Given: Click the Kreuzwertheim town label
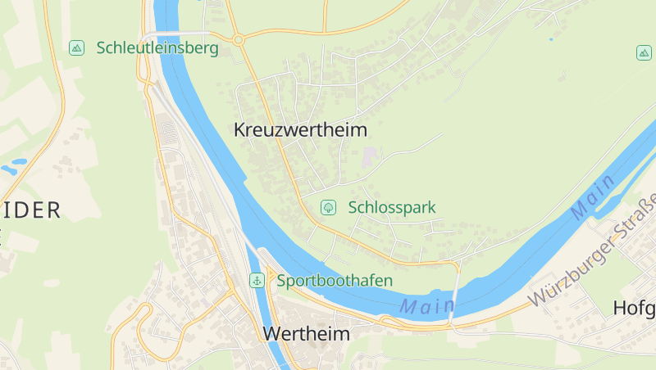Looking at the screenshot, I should pos(300,130).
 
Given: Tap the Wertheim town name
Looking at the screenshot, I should pos(306,334).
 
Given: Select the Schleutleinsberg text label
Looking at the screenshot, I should pos(157,47).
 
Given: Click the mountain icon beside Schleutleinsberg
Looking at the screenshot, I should pos(76,47).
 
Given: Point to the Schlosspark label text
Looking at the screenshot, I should pos(391,207).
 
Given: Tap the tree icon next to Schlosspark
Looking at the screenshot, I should pos(328,207).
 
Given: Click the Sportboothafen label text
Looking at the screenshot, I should pos(335,281).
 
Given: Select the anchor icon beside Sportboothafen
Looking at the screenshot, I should pos(257,281).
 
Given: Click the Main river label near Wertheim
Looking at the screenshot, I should pos(426,307).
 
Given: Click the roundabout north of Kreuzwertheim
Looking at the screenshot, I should pos(238,38).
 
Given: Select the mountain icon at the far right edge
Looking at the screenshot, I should pos(644,53).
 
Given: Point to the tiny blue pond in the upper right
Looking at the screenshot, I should pos(551,38).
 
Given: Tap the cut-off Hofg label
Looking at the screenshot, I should pos(634,309).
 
